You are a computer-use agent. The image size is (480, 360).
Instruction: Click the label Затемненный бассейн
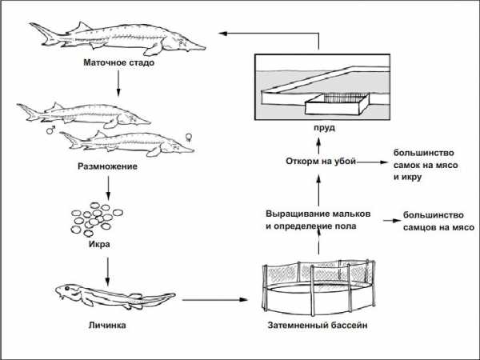point(319,326)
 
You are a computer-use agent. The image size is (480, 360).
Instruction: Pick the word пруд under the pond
point(318,126)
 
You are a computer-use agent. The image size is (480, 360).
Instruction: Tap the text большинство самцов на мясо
point(440,221)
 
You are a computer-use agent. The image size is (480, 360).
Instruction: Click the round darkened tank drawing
point(319,288)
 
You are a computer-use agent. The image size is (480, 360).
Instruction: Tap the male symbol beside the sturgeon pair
point(50,128)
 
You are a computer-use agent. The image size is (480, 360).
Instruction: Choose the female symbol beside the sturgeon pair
point(189,137)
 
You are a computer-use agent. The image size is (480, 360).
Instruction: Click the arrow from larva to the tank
point(211,300)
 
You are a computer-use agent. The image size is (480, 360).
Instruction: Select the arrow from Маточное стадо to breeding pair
point(118,83)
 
